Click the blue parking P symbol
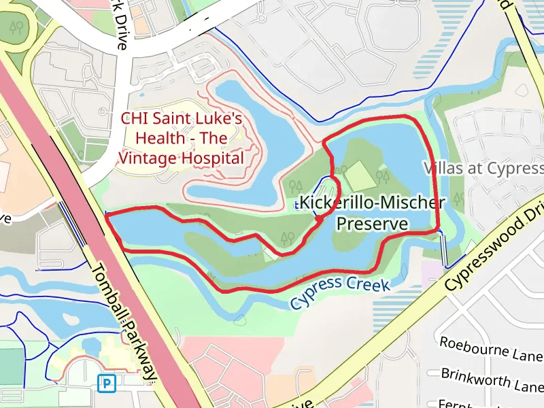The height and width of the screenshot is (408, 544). (x=106, y=384)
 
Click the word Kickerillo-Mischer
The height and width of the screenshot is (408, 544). (x=373, y=203)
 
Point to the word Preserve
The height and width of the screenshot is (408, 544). (x=373, y=223)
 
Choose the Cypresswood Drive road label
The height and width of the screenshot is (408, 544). (x=494, y=245)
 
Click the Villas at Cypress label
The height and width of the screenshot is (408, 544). (x=483, y=168)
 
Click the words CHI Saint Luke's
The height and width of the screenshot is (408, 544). (x=182, y=118)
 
